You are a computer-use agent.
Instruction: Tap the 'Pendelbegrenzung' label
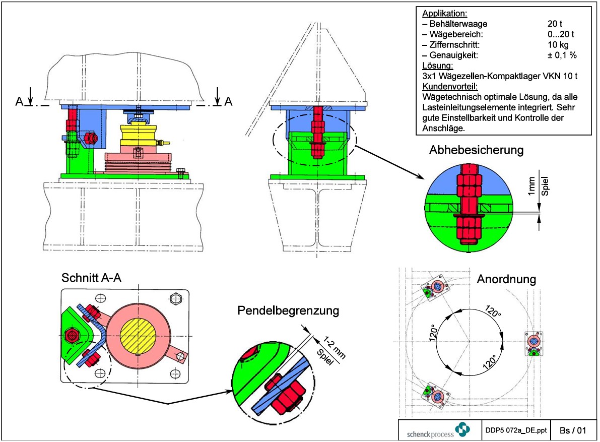288,310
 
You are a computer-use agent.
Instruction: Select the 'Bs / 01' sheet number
573,431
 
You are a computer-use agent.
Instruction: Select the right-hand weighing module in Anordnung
534,343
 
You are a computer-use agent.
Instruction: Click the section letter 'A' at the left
19,102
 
